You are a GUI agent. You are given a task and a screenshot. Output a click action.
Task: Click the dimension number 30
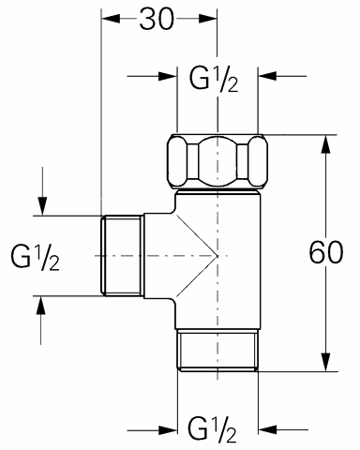tap(157, 19)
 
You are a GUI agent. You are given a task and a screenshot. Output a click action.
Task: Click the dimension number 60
tap(326, 252)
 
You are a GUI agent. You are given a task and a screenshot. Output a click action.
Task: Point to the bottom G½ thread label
tap(213, 428)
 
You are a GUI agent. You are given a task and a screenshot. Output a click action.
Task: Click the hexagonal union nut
tap(217, 162)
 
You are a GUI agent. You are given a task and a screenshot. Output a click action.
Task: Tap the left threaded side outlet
tap(122, 256)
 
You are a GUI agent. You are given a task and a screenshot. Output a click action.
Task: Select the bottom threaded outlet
tap(217, 351)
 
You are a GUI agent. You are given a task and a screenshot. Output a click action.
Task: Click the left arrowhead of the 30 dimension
tap(111, 19)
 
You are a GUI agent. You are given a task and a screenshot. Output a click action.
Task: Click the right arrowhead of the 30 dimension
tap(207, 19)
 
